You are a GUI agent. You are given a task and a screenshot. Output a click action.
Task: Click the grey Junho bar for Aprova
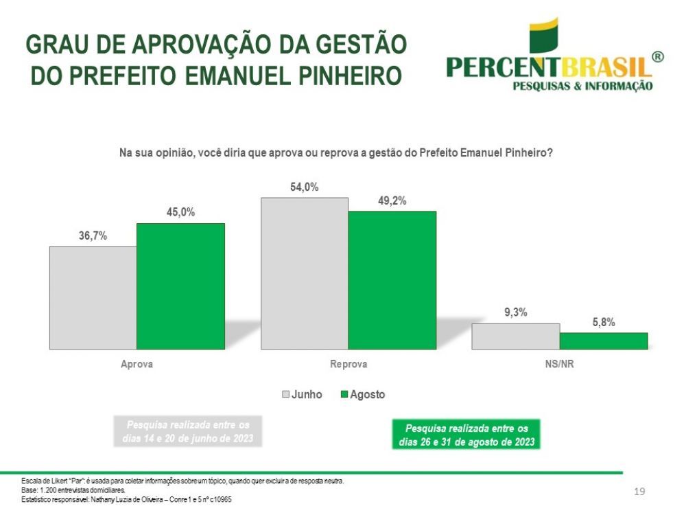[93, 297]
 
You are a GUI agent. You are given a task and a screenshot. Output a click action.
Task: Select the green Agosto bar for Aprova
[180, 286]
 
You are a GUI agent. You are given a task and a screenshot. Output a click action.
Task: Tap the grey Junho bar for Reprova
[304, 273]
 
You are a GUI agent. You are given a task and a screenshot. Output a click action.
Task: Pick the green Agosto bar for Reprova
[392, 279]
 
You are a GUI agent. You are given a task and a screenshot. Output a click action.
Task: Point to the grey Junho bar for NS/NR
[515, 336]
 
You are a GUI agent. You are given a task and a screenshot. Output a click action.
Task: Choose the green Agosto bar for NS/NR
[604, 341]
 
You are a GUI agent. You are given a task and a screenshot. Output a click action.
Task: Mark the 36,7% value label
[93, 236]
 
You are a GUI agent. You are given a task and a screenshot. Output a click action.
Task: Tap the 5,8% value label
[604, 321]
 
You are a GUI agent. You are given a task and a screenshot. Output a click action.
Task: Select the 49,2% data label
[392, 201]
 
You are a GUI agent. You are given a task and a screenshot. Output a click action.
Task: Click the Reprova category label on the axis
[348, 364]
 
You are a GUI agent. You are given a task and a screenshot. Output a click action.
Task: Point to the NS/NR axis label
[559, 364]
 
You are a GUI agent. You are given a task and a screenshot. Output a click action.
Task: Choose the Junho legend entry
[302, 395]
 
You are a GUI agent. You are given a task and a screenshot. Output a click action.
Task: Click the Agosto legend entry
[362, 395]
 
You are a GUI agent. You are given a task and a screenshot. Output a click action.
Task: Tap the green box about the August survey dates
[466, 435]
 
